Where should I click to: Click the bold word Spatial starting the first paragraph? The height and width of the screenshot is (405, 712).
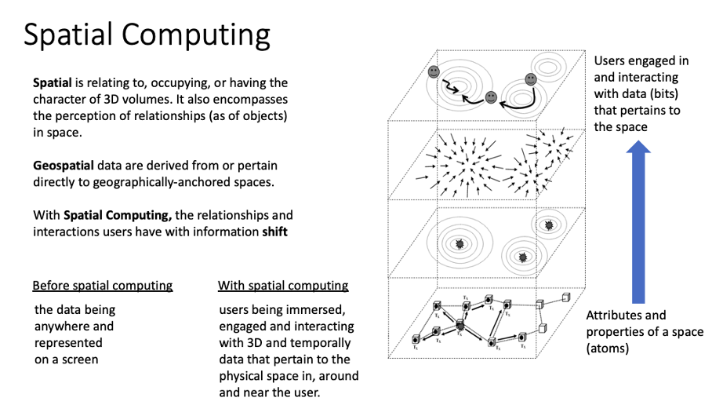point(53,82)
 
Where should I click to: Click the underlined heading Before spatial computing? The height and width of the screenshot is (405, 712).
point(103,286)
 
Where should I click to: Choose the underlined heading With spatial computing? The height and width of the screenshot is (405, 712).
point(283,286)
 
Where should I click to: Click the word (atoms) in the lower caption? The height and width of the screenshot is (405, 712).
point(608,348)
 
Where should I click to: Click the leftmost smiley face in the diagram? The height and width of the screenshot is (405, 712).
point(434,72)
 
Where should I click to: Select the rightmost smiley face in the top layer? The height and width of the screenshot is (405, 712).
point(531,79)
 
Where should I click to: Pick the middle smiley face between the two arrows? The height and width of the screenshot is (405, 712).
point(491,97)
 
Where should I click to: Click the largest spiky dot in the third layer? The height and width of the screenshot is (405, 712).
point(460,244)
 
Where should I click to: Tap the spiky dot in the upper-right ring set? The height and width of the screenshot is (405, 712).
point(549,225)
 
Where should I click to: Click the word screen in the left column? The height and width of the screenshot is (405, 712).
point(80,359)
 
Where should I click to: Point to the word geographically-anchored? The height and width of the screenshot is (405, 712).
point(168,183)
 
